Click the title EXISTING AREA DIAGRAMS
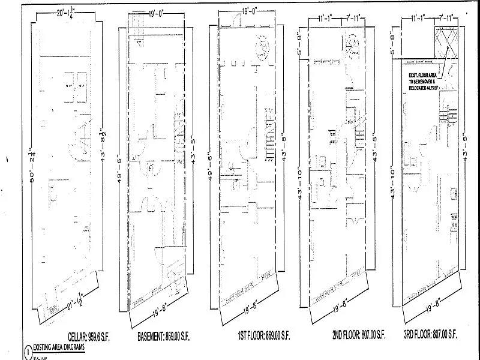pos(58,347)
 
